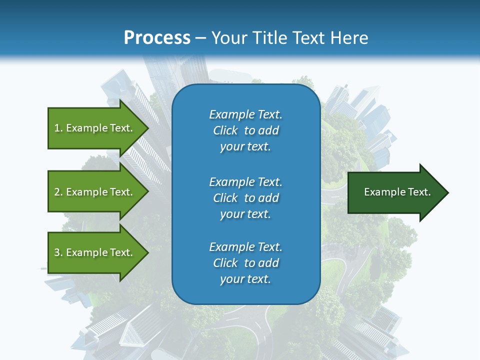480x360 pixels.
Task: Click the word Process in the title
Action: [x=157, y=38]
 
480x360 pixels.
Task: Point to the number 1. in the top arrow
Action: [x=58, y=128]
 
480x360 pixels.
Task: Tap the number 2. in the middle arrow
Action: [x=58, y=192]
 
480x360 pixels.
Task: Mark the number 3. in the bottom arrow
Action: [x=58, y=252]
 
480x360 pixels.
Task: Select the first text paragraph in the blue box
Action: [x=245, y=130]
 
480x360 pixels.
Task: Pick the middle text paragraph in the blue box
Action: [x=245, y=198]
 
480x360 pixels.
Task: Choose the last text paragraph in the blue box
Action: [x=245, y=263]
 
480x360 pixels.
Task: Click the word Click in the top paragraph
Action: [x=225, y=130]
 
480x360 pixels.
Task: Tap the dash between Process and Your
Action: [x=200, y=38]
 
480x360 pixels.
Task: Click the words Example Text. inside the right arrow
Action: [x=397, y=192]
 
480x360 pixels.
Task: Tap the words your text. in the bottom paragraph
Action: [x=245, y=279]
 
